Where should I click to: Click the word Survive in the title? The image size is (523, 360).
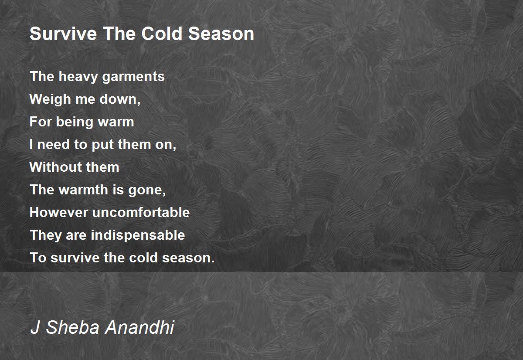63,34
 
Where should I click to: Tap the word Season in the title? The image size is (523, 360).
221,34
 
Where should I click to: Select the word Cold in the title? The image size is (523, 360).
162,34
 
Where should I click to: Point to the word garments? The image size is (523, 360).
133,77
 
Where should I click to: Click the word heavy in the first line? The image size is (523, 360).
78,77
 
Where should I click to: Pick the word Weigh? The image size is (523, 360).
50,99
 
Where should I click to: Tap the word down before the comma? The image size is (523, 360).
119,99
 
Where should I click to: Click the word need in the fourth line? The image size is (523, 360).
54,145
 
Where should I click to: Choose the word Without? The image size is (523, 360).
55,167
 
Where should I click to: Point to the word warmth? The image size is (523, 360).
83,190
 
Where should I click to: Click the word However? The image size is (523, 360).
59,212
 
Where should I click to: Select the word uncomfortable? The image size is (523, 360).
141,212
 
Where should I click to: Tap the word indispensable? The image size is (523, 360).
138,235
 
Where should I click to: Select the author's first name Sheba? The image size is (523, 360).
73,327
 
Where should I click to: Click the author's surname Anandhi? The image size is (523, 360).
139,327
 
